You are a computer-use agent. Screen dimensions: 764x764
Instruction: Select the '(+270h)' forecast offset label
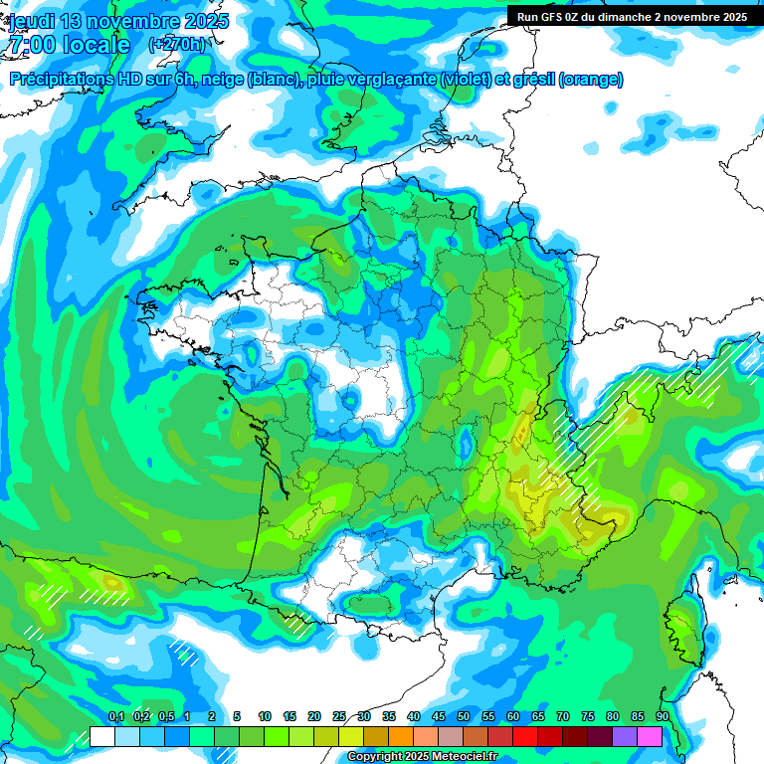click(x=178, y=44)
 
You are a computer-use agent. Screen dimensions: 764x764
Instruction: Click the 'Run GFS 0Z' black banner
click(x=632, y=16)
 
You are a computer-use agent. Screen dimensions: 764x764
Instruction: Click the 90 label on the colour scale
click(x=663, y=716)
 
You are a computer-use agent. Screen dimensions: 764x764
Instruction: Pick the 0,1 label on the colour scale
click(x=115, y=716)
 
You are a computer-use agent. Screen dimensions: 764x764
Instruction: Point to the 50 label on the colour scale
click(x=464, y=716)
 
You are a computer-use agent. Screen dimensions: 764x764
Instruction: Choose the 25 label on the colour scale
click(x=339, y=716)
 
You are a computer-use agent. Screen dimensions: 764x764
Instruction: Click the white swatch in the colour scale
click(x=102, y=736)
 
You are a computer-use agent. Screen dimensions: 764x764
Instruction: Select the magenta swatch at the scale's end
click(x=650, y=736)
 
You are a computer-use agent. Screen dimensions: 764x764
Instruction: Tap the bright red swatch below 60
click(x=525, y=736)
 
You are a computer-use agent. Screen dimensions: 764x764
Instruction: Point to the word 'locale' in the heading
click(x=95, y=45)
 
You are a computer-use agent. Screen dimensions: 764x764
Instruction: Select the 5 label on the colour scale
click(x=237, y=716)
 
